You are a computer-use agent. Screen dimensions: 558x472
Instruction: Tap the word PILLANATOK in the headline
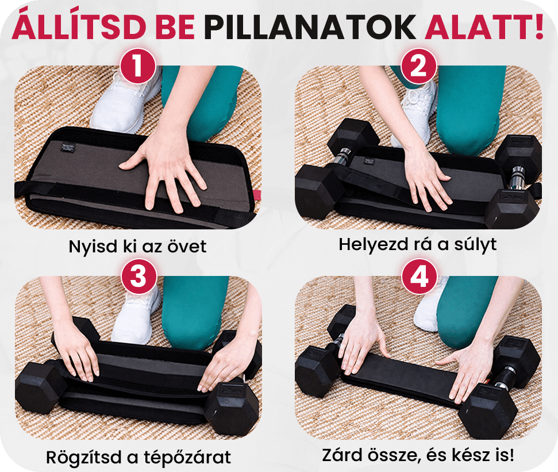310,27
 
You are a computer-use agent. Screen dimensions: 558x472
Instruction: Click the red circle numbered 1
138,67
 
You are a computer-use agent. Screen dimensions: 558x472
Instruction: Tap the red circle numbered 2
419,67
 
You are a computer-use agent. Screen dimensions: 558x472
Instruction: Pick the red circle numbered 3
139,277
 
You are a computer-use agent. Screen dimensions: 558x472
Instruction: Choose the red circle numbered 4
420,277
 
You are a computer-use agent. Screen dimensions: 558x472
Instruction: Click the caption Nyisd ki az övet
137,246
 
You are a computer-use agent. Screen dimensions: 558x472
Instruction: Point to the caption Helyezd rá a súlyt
417,244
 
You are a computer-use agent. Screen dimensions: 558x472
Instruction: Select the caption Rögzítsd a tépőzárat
138,458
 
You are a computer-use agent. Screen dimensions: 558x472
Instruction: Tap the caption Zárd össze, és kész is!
418,455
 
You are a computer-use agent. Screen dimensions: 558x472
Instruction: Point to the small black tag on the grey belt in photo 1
67,147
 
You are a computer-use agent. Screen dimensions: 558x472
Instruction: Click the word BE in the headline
175,27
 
